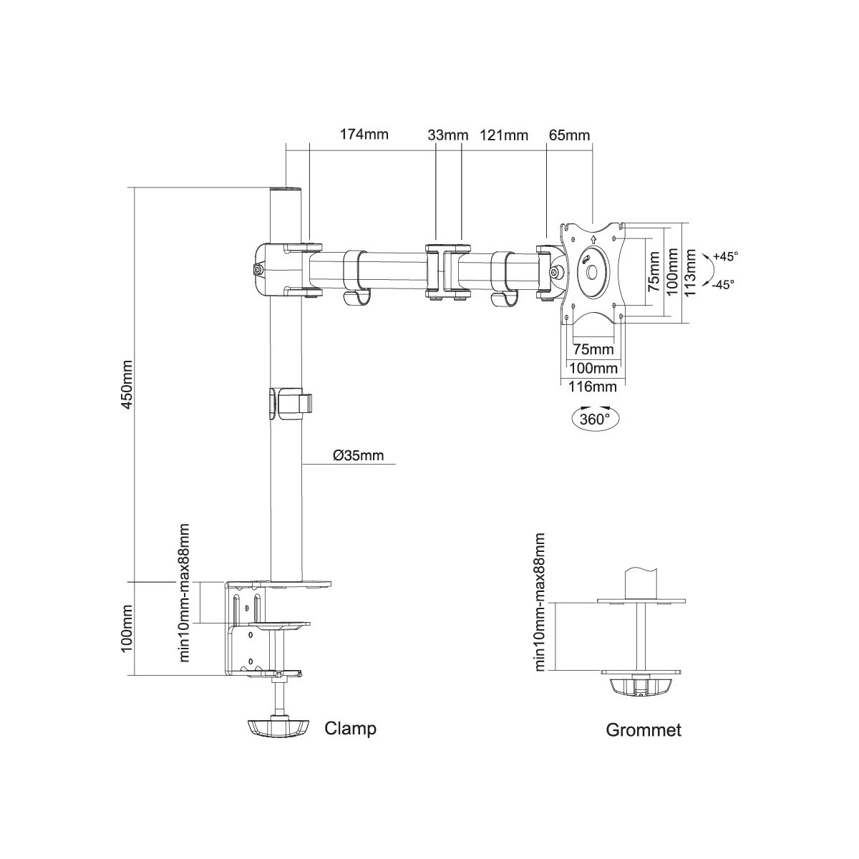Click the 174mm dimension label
[364, 134]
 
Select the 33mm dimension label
[447, 135]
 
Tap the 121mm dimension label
[504, 135]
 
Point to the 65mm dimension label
[569, 135]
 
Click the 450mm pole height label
[127, 385]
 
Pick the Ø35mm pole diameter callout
[358, 455]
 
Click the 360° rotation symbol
[595, 417]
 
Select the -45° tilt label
[723, 284]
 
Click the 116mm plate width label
[593, 387]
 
